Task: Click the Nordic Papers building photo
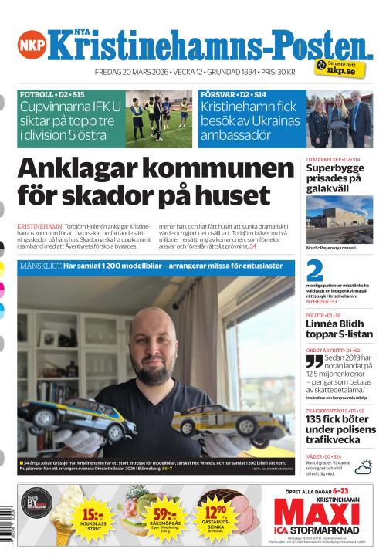(x=339, y=219)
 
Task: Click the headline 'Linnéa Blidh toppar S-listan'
(x=339, y=334)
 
